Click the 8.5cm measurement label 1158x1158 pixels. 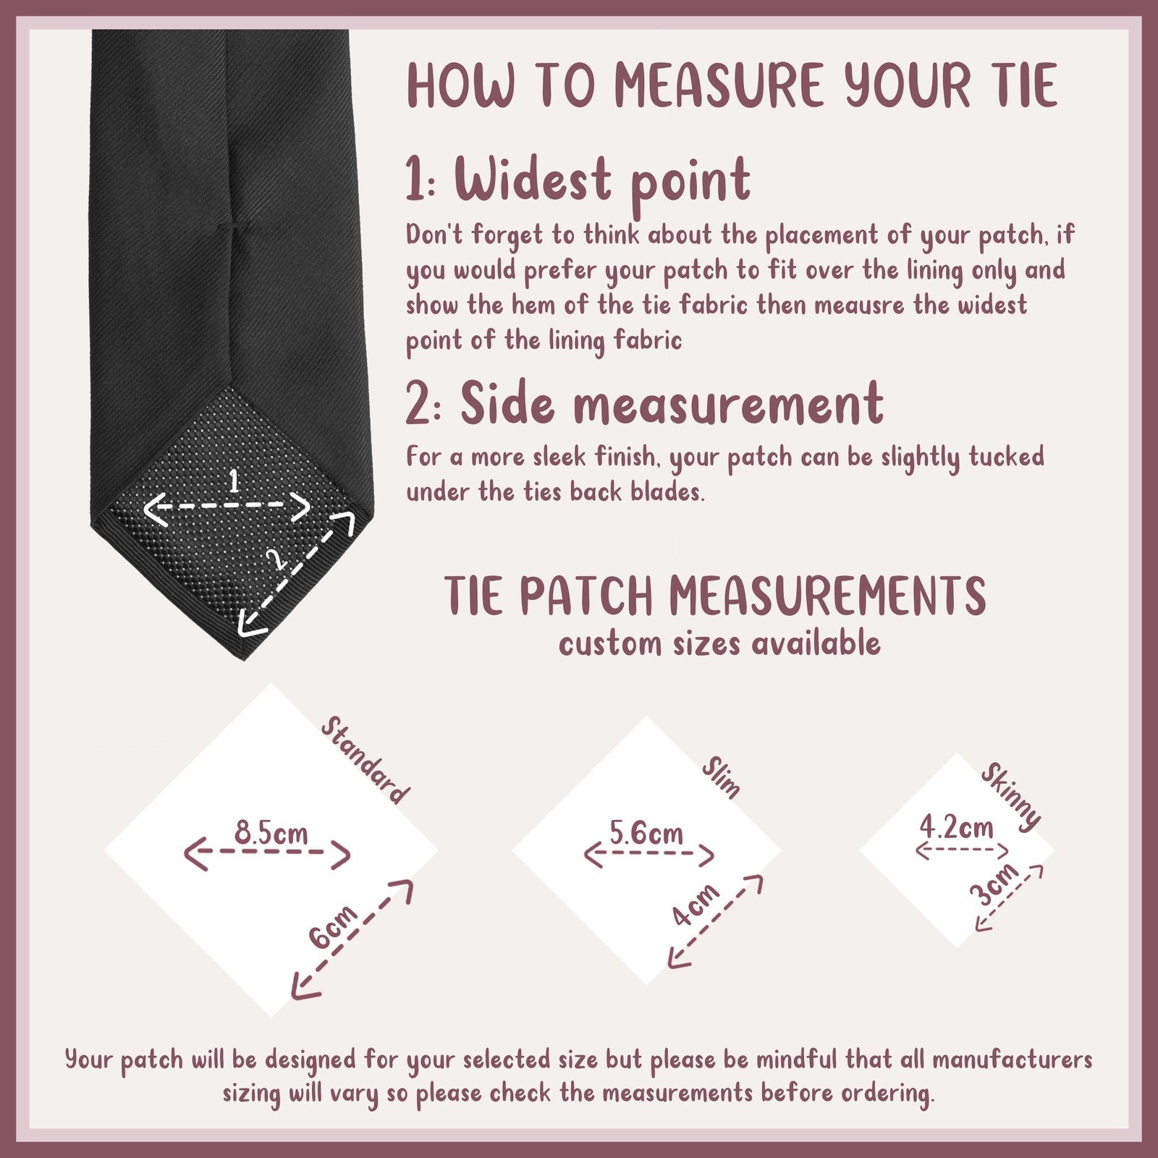coord(271,833)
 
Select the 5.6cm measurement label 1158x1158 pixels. coord(646,833)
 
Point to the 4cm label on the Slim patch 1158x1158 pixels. coord(696,905)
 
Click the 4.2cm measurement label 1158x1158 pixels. coord(957,827)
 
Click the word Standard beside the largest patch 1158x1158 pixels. coord(364,760)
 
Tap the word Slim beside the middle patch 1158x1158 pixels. coord(722,779)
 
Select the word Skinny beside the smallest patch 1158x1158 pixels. coord(1011,796)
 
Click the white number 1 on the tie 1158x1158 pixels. coord(233,481)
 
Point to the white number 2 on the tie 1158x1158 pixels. coord(274,559)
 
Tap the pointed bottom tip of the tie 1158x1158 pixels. coord(243,658)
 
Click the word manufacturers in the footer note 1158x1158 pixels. coord(1012,1060)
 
